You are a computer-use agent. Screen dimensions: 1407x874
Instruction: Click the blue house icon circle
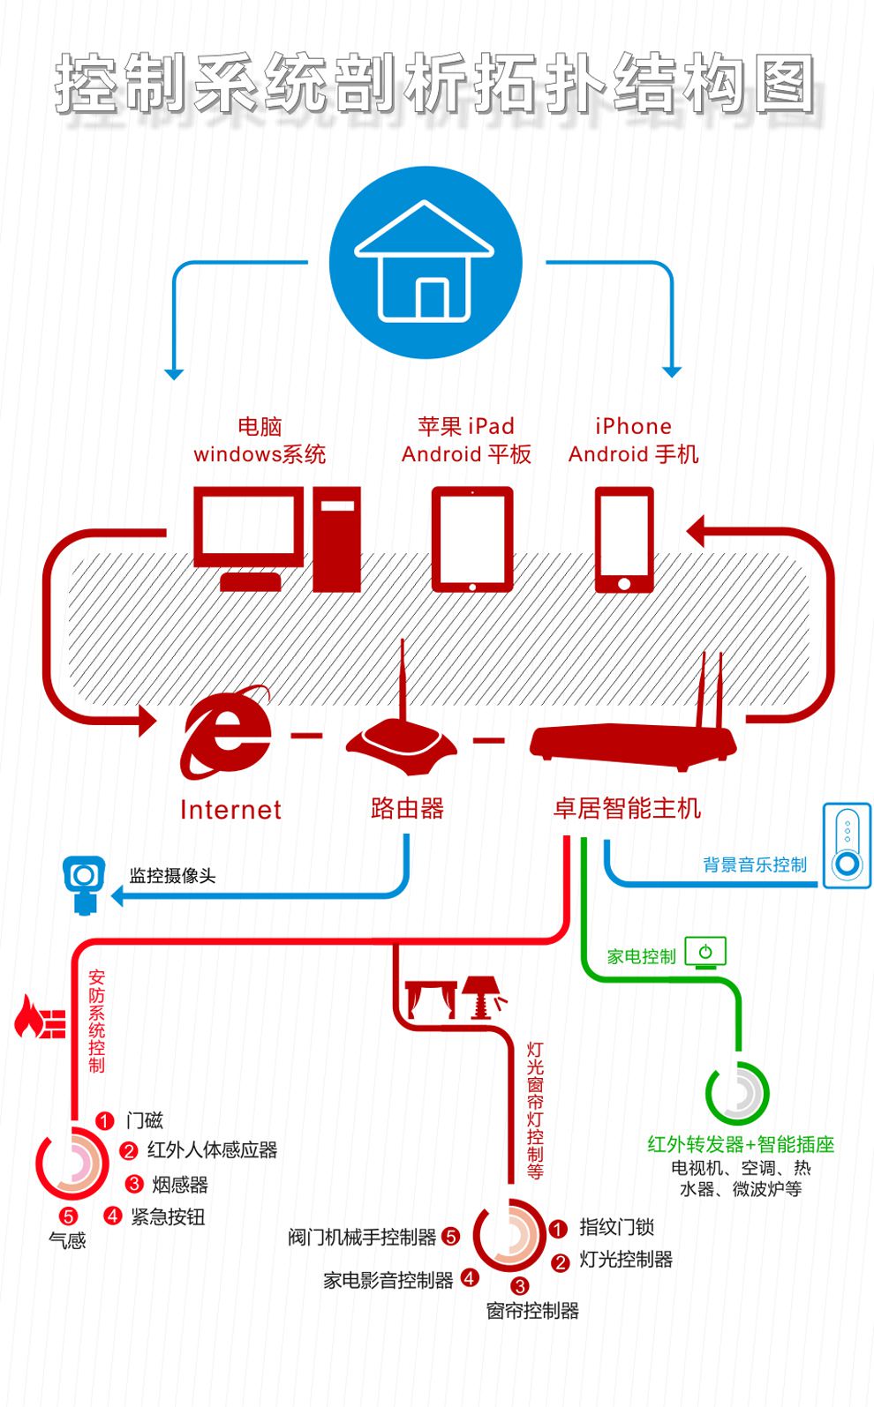[x=426, y=262]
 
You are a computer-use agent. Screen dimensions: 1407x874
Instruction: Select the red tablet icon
[x=471, y=538]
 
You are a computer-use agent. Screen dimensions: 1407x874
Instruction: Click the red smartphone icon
[x=624, y=539]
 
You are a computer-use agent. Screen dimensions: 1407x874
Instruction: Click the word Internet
[x=230, y=809]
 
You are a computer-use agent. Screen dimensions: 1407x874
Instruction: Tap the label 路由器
[x=407, y=808]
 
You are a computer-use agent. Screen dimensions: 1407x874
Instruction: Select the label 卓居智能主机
[x=627, y=808]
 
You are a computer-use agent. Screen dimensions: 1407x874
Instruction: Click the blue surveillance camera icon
[x=84, y=882]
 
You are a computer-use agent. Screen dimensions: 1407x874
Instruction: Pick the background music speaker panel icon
[x=847, y=845]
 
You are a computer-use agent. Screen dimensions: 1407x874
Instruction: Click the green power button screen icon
[x=704, y=953]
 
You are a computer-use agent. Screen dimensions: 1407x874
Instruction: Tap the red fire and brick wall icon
[x=41, y=1018]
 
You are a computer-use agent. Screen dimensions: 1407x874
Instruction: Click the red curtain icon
[x=430, y=998]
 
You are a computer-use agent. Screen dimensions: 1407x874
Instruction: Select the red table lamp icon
[x=482, y=996]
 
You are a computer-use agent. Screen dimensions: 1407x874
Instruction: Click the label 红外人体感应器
[x=212, y=1149]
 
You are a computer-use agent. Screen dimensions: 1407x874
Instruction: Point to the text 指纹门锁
[x=616, y=1226]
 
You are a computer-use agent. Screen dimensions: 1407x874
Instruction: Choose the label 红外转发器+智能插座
[x=740, y=1144]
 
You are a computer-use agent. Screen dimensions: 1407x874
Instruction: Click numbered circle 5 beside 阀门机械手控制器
[x=450, y=1237]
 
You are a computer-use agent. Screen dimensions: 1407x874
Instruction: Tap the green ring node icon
[x=737, y=1094]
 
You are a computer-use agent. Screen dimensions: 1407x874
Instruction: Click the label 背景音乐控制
[x=755, y=864]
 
